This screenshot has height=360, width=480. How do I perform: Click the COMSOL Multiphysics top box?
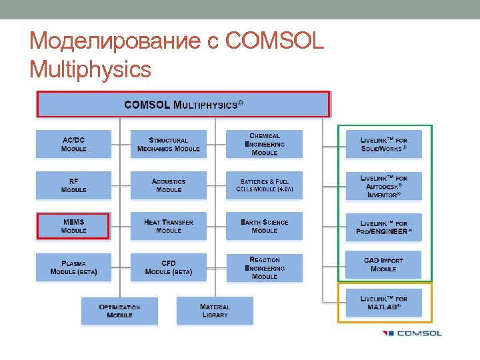(x=183, y=105)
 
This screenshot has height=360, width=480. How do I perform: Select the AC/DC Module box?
(x=73, y=144)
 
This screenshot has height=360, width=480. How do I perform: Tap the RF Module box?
(x=73, y=185)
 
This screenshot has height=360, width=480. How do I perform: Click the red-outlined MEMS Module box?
(x=73, y=226)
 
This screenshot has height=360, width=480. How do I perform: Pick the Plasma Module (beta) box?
(x=73, y=267)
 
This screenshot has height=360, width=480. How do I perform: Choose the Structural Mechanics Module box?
(x=169, y=144)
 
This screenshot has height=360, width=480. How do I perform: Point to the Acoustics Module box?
(x=169, y=185)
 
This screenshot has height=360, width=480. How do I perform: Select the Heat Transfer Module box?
(x=169, y=226)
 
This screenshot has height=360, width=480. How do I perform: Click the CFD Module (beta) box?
(x=169, y=267)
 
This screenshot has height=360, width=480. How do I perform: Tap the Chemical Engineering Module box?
(x=264, y=144)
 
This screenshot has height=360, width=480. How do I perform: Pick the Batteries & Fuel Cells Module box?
(x=264, y=185)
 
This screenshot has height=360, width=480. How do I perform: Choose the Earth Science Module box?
(x=264, y=226)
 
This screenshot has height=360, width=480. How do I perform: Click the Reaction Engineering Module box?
(x=264, y=267)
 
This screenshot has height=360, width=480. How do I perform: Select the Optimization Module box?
(x=120, y=311)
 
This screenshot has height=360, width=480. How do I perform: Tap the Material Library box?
(x=215, y=311)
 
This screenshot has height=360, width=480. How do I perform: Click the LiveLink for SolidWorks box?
(x=384, y=144)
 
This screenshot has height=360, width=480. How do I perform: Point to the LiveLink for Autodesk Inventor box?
(x=384, y=186)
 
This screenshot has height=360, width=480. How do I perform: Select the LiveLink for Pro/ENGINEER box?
(x=384, y=227)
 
